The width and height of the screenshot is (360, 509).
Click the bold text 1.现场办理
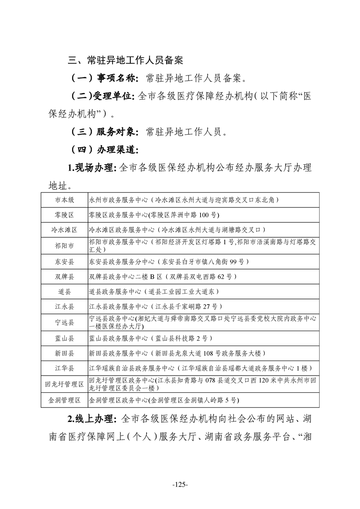click(x=92, y=168)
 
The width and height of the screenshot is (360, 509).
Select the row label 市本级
click(x=64, y=199)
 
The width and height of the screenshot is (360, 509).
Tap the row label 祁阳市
click(x=64, y=246)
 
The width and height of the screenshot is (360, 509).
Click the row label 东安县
click(x=64, y=262)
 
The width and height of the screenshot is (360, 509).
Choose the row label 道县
click(x=64, y=291)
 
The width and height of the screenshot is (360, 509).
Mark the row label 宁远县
click(x=64, y=323)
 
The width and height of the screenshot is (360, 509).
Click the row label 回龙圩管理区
click(x=64, y=384)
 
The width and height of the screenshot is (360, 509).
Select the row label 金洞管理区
click(x=64, y=400)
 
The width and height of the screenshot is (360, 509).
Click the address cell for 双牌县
click(x=162, y=276)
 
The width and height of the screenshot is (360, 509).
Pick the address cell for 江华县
click(x=200, y=368)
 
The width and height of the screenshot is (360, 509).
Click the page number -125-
click(x=180, y=484)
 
